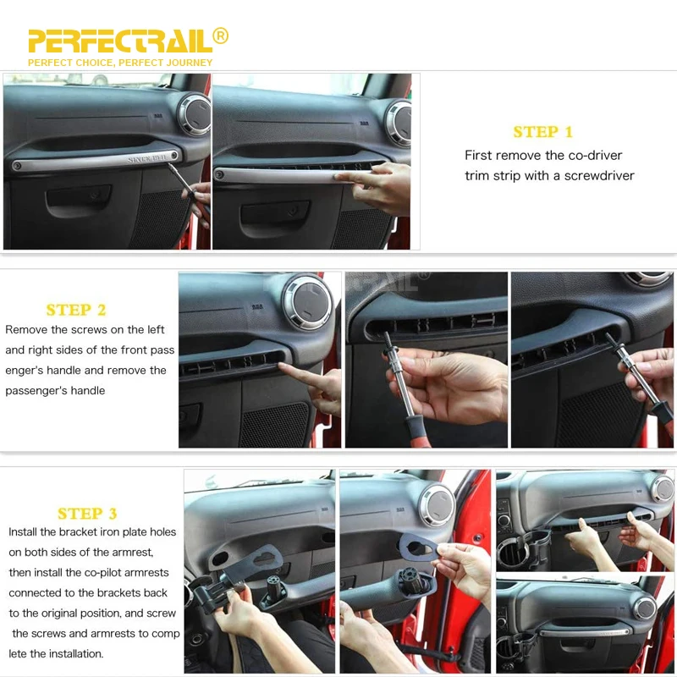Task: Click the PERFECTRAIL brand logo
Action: (120, 41)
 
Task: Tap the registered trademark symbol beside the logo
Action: (221, 36)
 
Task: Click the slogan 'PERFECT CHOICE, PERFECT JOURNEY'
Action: (120, 63)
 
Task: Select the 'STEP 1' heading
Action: (542, 132)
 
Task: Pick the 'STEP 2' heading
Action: (76, 310)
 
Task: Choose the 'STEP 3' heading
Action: (87, 514)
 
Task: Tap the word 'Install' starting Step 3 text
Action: (23, 532)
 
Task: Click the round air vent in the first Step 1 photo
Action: (195, 114)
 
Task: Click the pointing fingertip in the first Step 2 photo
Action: (283, 366)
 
